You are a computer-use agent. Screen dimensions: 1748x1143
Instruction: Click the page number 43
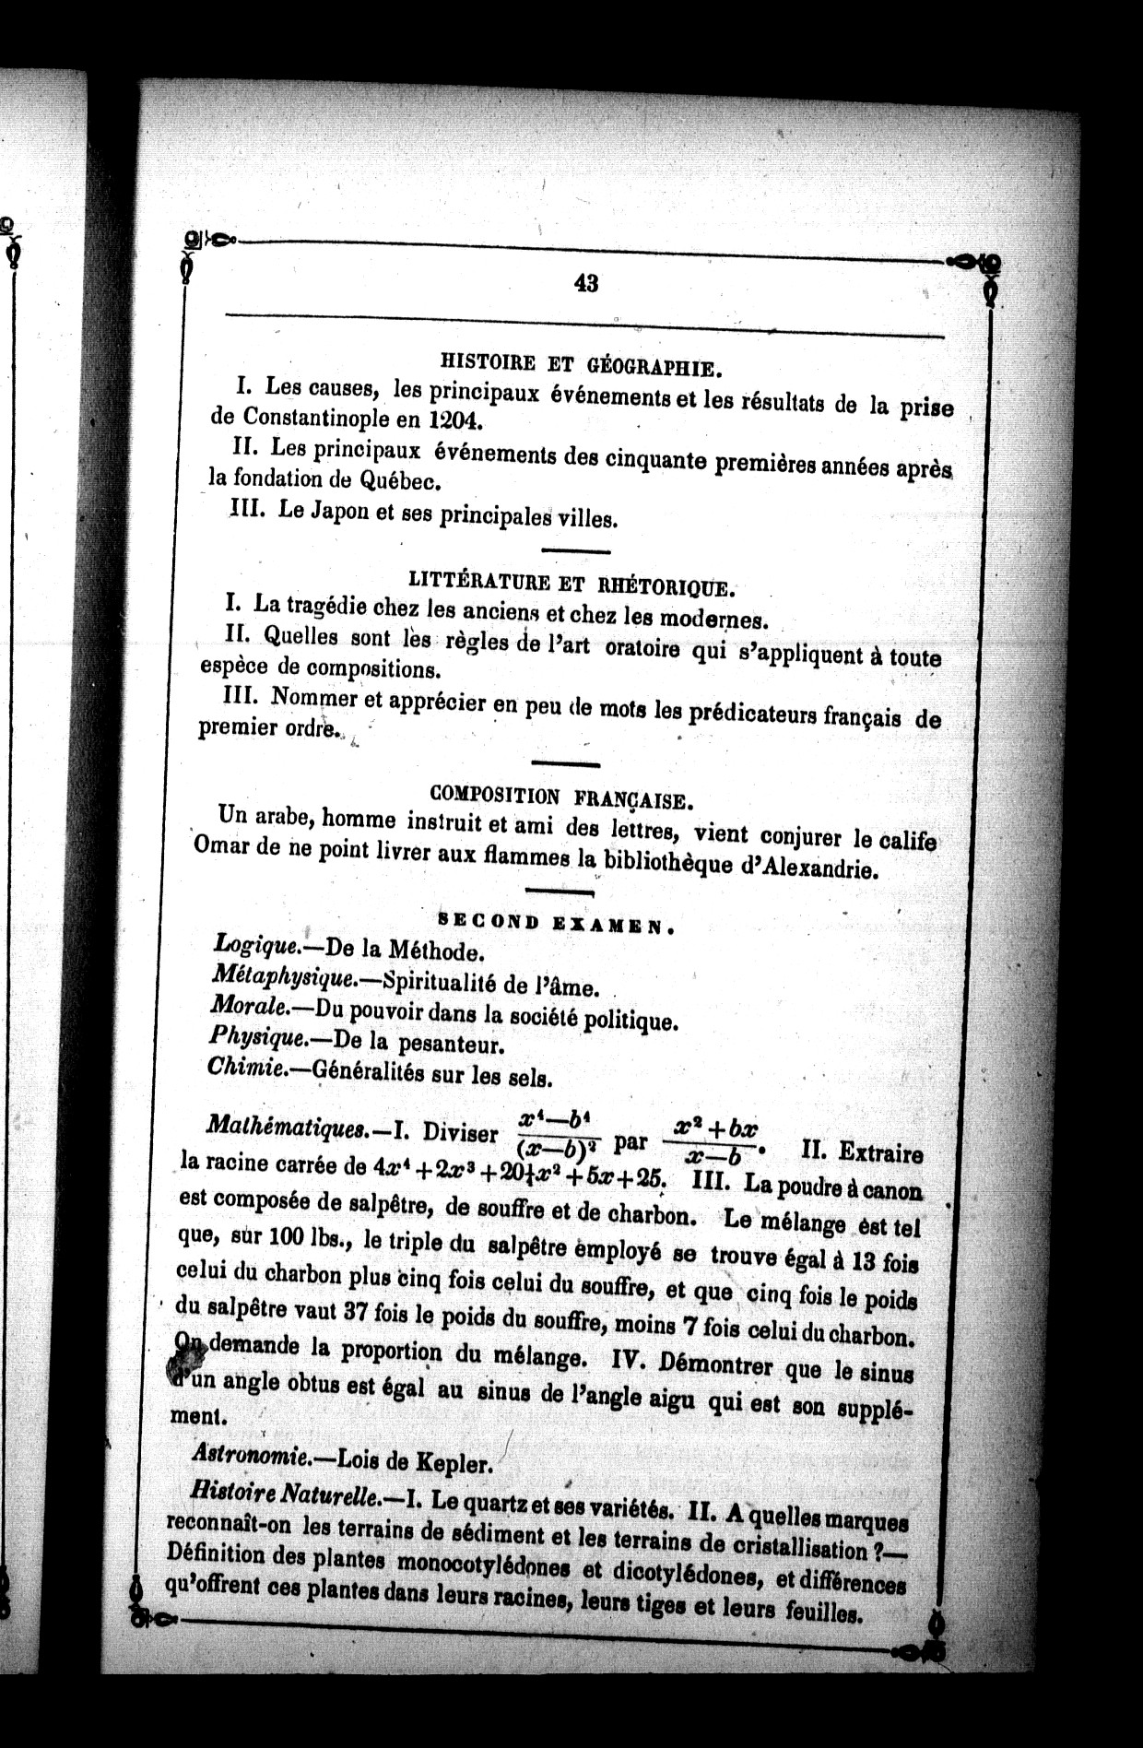(x=586, y=284)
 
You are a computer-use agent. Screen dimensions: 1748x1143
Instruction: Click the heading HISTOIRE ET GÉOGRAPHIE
(x=581, y=365)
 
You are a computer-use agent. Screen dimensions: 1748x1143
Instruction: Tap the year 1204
(x=454, y=420)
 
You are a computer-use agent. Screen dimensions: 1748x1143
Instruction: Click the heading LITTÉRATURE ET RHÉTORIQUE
(x=571, y=583)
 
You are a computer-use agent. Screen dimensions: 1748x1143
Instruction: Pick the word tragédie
(x=327, y=607)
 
